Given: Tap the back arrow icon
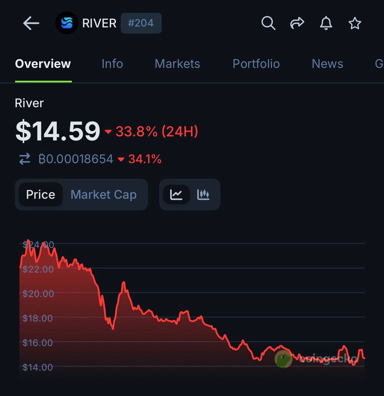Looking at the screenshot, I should [x=31, y=23].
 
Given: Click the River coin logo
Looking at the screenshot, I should [x=67, y=23].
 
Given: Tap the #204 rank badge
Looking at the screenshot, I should [x=141, y=23].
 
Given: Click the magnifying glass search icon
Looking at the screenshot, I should [x=268, y=23].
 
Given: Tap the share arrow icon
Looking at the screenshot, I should [x=297, y=23].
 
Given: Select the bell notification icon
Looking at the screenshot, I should [x=326, y=23].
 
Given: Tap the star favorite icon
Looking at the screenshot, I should [x=355, y=23].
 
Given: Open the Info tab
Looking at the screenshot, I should [x=112, y=64].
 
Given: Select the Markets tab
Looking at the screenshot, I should [x=177, y=64].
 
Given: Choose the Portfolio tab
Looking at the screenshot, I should [x=256, y=64].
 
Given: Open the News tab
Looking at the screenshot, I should [x=327, y=64].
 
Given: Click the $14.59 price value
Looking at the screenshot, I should [x=58, y=131].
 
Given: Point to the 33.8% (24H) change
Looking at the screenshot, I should [x=157, y=131].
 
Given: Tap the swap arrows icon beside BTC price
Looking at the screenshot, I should [x=25, y=159].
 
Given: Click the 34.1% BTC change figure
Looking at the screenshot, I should [x=145, y=159].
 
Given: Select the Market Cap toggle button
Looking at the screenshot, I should [x=103, y=195].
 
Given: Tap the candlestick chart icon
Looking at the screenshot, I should [x=203, y=195].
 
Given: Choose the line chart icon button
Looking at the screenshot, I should [x=176, y=195].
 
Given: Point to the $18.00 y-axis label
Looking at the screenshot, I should [x=38, y=318].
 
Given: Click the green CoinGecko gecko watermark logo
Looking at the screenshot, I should [x=283, y=359].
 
